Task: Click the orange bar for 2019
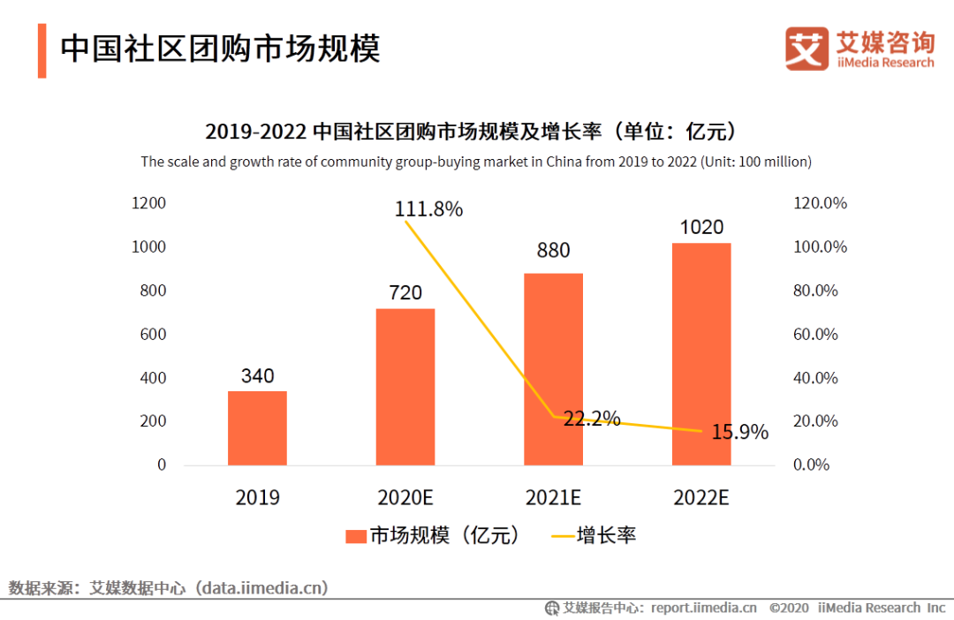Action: pyautogui.click(x=257, y=428)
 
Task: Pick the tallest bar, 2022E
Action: pyautogui.click(x=701, y=353)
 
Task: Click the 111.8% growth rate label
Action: pyautogui.click(x=428, y=209)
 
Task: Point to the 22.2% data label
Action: pyautogui.click(x=592, y=419)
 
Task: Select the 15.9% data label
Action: pyautogui.click(x=739, y=433)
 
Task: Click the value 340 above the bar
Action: pyautogui.click(x=257, y=376)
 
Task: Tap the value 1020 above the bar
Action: pyautogui.click(x=701, y=228)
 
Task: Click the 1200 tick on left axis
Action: pyautogui.click(x=148, y=203)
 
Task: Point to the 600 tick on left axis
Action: pyautogui.click(x=153, y=334)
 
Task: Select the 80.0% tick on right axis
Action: pyautogui.click(x=815, y=291)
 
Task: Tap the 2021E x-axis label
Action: pyautogui.click(x=553, y=498)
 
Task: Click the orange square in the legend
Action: pyautogui.click(x=355, y=536)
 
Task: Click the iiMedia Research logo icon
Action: pyautogui.click(x=806, y=49)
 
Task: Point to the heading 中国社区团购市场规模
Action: pyautogui.click(x=220, y=49)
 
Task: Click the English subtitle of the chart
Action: pyautogui.click(x=476, y=162)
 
